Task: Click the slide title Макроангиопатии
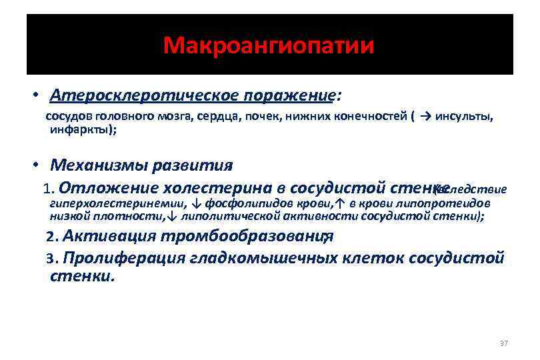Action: click(269, 46)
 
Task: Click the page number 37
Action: click(503, 343)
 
